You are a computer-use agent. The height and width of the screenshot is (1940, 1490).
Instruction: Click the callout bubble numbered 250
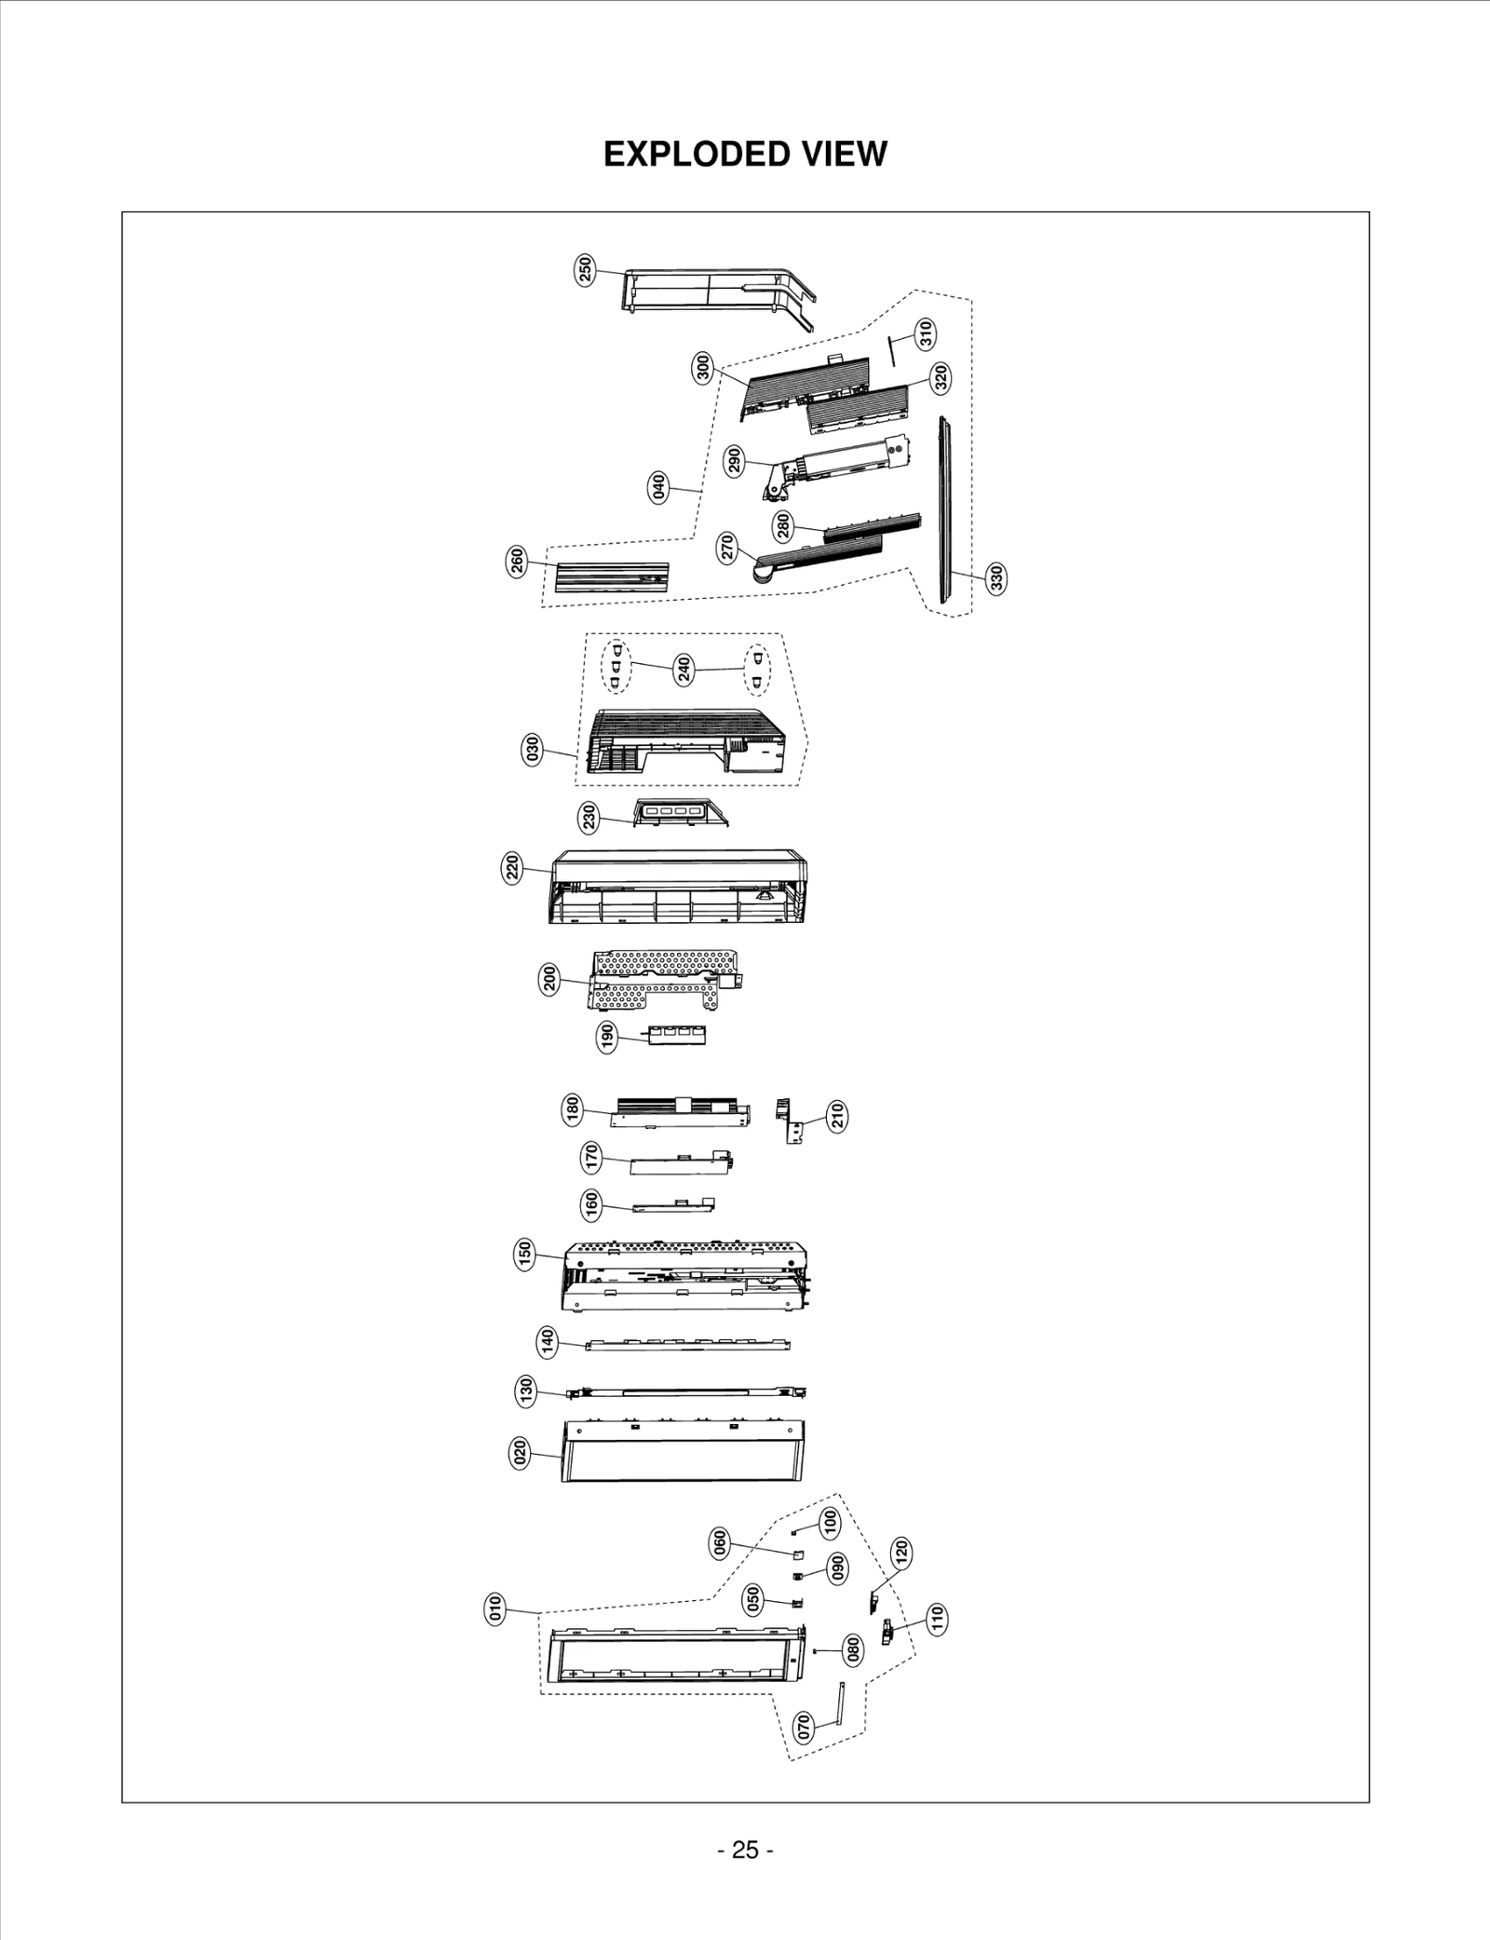tap(585, 270)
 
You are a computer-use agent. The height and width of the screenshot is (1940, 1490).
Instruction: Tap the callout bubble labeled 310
tap(926, 333)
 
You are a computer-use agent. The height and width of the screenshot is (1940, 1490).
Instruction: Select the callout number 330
tap(996, 578)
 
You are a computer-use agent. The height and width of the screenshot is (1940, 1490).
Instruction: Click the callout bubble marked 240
tap(684, 670)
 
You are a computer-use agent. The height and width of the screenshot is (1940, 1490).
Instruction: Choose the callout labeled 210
tap(837, 1116)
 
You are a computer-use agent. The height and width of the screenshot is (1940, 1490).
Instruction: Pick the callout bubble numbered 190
tap(607, 1037)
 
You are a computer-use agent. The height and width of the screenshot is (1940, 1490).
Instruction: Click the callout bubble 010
tap(495, 1608)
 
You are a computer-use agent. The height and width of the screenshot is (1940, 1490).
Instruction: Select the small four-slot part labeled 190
tap(677, 1034)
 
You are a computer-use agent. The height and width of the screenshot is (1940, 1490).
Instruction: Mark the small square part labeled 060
tap(797, 1554)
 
